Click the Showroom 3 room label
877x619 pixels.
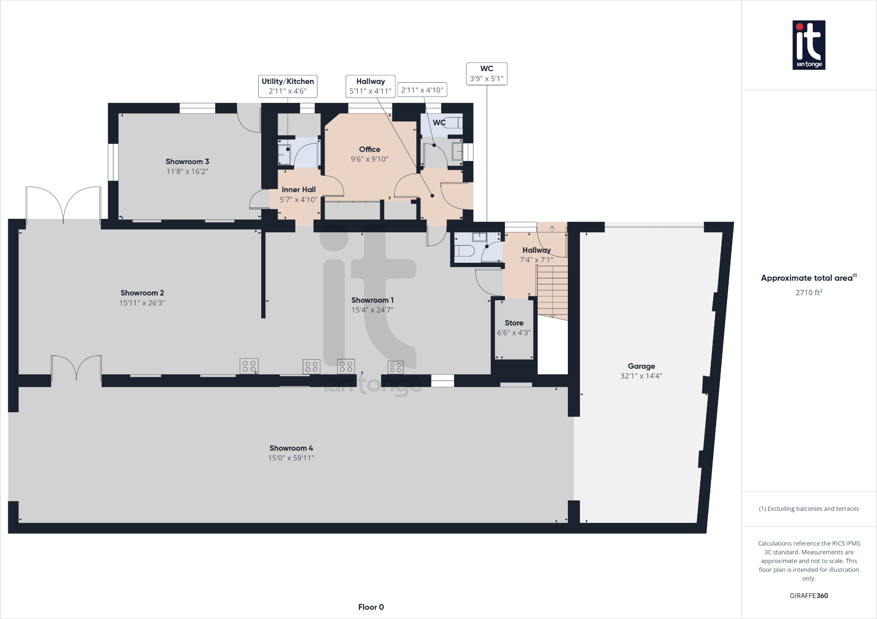[x=187, y=162]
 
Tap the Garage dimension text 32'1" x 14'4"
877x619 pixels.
[x=641, y=376]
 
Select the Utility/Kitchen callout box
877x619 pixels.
[x=288, y=86]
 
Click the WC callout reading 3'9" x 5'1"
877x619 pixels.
[x=486, y=74]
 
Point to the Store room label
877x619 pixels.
[x=514, y=323]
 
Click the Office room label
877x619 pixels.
[x=370, y=149]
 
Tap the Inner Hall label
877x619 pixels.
[x=298, y=190]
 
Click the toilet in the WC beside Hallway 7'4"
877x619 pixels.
[x=464, y=251]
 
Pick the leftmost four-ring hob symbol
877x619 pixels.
[x=249, y=366]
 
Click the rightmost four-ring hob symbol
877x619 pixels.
[x=395, y=367]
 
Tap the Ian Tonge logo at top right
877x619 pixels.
[x=808, y=45]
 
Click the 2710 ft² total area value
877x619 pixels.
[x=808, y=292]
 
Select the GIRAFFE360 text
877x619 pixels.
[x=808, y=596]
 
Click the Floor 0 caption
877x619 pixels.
[x=371, y=607]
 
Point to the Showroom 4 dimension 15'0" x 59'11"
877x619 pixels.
[x=291, y=458]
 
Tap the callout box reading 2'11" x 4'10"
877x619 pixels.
[x=422, y=90]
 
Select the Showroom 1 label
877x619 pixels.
[x=372, y=300]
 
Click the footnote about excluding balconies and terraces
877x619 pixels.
[x=808, y=509]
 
